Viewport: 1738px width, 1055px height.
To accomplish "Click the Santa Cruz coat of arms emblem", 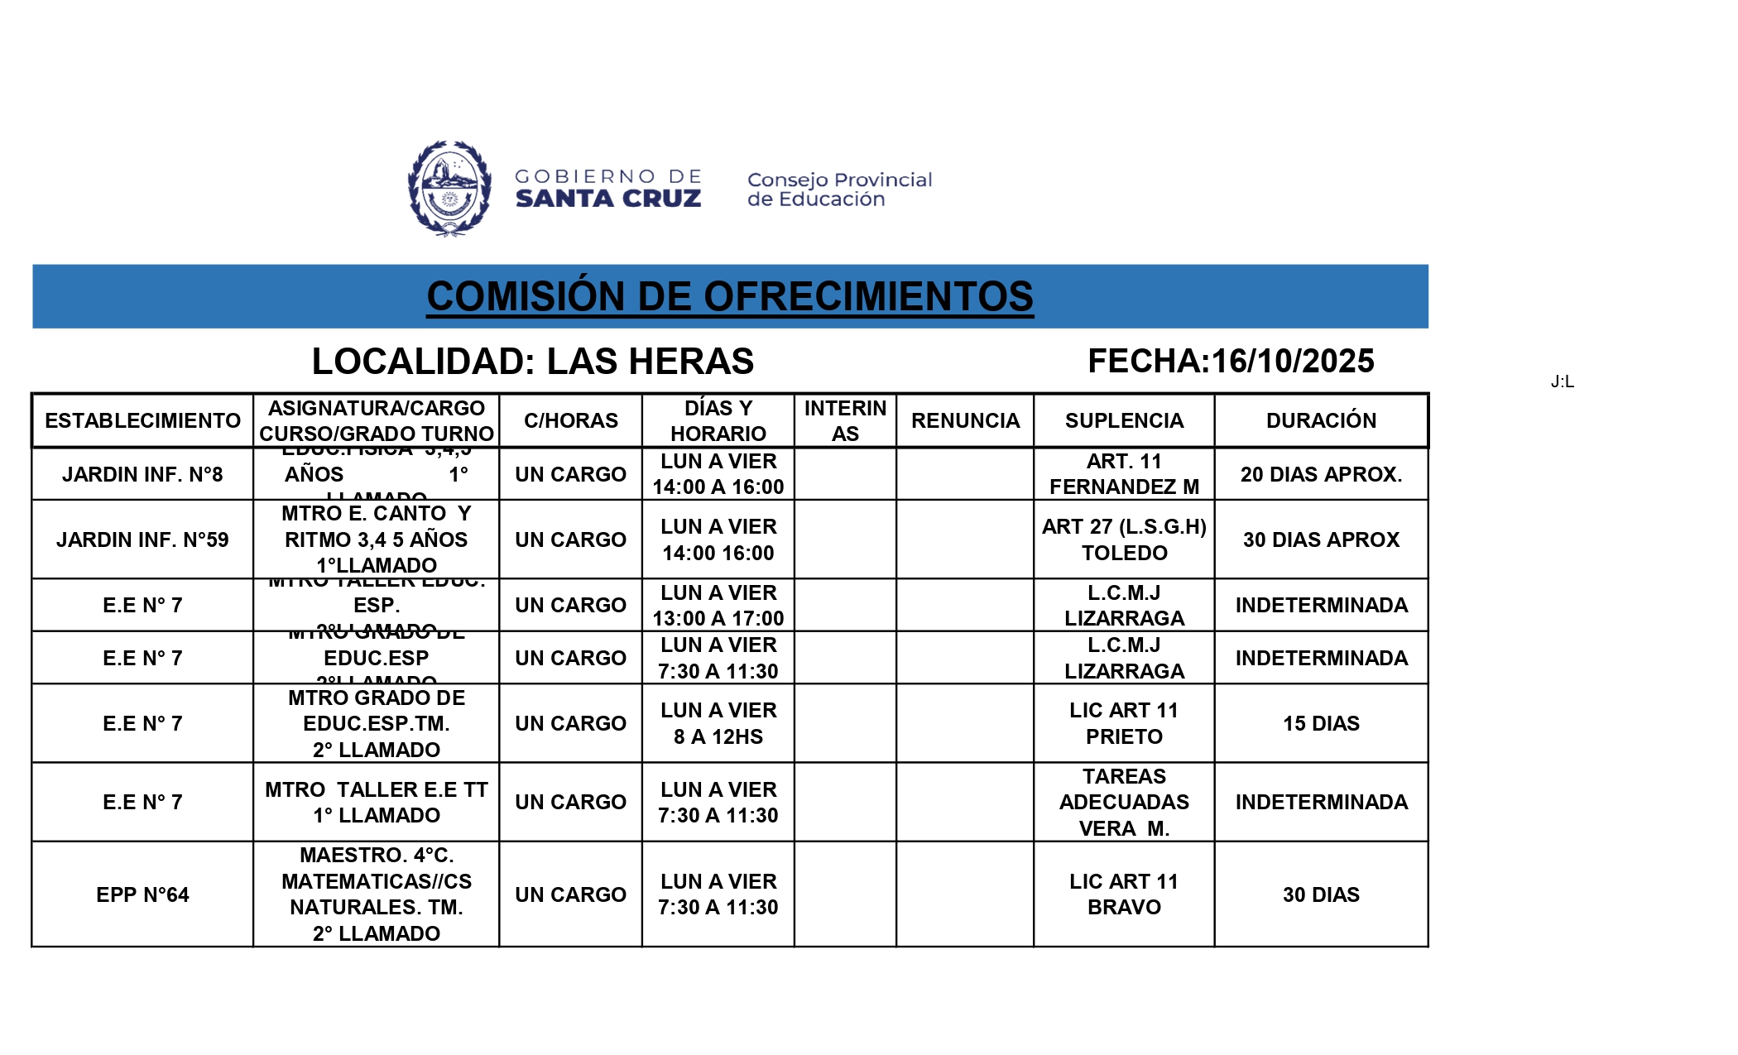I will (449, 189).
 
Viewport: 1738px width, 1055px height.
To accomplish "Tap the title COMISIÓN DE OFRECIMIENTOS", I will (729, 296).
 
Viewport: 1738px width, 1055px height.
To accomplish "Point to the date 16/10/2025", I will (1292, 362).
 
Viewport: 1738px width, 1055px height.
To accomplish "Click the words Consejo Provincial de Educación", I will (839, 189).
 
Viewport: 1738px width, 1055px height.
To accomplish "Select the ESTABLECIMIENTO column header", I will (142, 420).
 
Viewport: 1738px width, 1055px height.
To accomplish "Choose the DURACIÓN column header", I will (1321, 420).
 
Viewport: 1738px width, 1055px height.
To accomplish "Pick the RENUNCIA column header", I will (965, 420).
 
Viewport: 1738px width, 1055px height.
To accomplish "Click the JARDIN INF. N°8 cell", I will (142, 474).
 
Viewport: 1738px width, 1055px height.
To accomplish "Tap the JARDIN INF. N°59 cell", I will (142, 539).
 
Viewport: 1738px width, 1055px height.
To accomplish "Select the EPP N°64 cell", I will (142, 894).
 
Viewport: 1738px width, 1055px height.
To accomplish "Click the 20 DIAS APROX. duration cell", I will (1321, 474).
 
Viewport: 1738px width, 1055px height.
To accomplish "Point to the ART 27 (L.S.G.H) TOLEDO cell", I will (1124, 539).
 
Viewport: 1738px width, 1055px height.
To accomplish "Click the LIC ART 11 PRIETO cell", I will (1124, 723).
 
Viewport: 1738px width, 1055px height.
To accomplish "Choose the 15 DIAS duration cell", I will (1321, 723).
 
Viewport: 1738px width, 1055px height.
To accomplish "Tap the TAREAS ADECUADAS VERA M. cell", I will (1124, 802).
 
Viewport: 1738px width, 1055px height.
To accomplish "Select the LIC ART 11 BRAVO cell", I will (1124, 894).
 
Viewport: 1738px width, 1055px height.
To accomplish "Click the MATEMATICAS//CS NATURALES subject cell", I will (377, 894).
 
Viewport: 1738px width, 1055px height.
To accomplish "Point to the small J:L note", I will (1562, 381).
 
